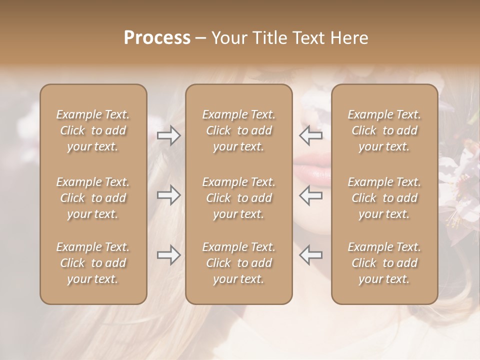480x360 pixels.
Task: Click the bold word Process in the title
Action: [x=157, y=38]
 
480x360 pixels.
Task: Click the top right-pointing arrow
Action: [x=168, y=135]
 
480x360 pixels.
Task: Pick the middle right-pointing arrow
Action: [x=168, y=195]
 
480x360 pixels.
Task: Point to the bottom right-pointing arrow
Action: [x=168, y=255]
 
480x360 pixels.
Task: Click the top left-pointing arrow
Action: [x=311, y=135]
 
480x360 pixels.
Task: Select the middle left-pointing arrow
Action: [x=311, y=195]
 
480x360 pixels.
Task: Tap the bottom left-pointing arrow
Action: [x=311, y=255]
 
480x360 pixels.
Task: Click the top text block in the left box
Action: [x=93, y=130]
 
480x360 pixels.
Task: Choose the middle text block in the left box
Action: [x=93, y=198]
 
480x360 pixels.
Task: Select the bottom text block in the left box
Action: [x=93, y=263]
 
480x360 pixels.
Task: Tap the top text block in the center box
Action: [x=238, y=130]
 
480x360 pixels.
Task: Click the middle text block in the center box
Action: [x=238, y=198]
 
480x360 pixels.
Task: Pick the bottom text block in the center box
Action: [x=238, y=263]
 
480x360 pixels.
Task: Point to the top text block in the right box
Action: [x=384, y=130]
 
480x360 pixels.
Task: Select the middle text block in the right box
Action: [x=384, y=198]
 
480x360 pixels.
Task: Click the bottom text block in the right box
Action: [x=384, y=263]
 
